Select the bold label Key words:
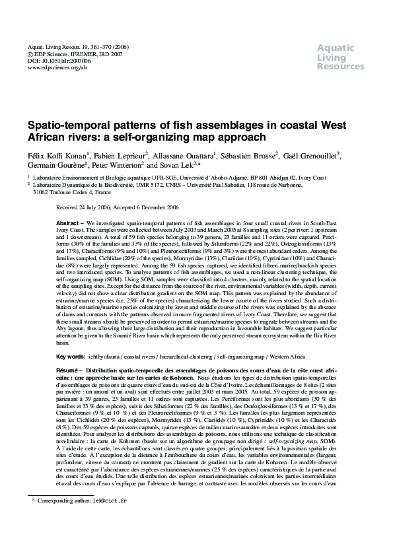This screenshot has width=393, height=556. click(71, 356)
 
